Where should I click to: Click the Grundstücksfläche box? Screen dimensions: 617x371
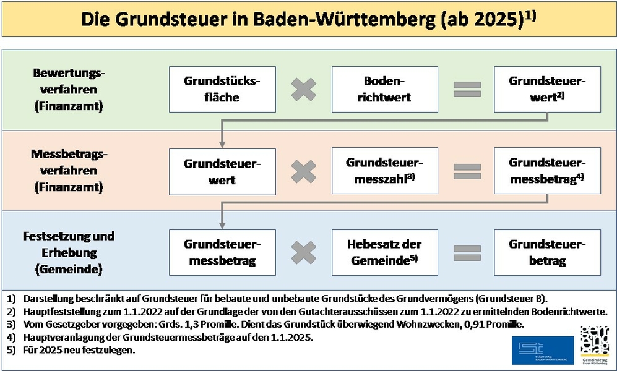point(222,89)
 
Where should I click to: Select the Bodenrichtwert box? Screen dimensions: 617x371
point(385,89)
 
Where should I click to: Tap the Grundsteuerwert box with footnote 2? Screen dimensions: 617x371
point(547,89)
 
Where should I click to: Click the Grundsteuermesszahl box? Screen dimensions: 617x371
point(385,171)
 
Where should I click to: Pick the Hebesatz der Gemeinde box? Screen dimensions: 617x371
point(385,252)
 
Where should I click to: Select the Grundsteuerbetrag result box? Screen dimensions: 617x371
point(547,252)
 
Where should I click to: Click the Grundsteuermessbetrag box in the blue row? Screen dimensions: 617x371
point(222,252)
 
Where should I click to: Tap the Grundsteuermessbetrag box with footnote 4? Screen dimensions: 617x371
point(547,171)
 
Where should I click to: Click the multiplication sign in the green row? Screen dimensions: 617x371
point(304,90)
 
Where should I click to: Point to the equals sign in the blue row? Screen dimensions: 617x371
point(467,253)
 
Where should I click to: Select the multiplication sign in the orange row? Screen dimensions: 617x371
point(304,171)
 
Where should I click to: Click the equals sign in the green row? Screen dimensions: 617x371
point(467,90)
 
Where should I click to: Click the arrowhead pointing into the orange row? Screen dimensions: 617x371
point(222,144)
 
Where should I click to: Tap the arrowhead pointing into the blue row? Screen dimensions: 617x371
point(222,225)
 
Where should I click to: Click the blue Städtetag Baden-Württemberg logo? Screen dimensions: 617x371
point(543,350)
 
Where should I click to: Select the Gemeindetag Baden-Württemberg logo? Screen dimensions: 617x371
point(595,346)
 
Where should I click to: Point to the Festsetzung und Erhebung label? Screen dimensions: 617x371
point(69,244)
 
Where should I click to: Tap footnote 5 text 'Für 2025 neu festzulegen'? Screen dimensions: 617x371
point(79,350)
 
